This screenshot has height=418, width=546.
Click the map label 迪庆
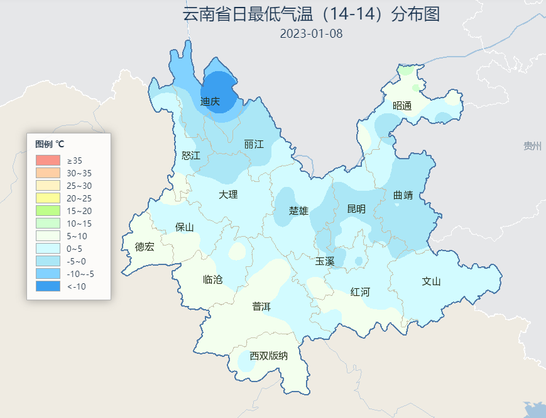click(x=210, y=101)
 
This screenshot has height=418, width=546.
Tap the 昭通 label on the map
click(x=402, y=106)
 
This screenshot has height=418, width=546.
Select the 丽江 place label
click(x=254, y=144)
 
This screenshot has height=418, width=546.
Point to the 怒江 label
click(x=190, y=155)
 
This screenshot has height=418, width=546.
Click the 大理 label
click(x=228, y=195)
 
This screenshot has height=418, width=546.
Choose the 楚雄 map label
click(x=298, y=210)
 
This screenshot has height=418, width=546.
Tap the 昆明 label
click(x=356, y=209)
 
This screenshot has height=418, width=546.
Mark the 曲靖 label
click(x=403, y=195)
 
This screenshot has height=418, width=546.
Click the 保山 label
click(x=185, y=227)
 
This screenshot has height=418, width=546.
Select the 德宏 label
click(x=145, y=247)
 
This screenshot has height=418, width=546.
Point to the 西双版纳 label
click(x=268, y=356)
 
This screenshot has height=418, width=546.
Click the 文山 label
click(x=431, y=281)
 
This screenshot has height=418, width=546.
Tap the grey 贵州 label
click(x=532, y=146)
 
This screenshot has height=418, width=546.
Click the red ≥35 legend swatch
click(x=48, y=161)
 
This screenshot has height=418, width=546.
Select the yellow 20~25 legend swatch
click(x=48, y=198)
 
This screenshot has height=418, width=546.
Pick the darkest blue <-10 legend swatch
click(x=48, y=286)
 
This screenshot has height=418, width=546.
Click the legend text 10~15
click(x=79, y=223)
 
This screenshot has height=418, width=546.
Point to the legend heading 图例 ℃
click(x=50, y=144)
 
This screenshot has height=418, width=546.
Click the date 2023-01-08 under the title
click(x=311, y=33)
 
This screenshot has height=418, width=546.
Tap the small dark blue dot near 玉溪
click(x=358, y=261)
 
